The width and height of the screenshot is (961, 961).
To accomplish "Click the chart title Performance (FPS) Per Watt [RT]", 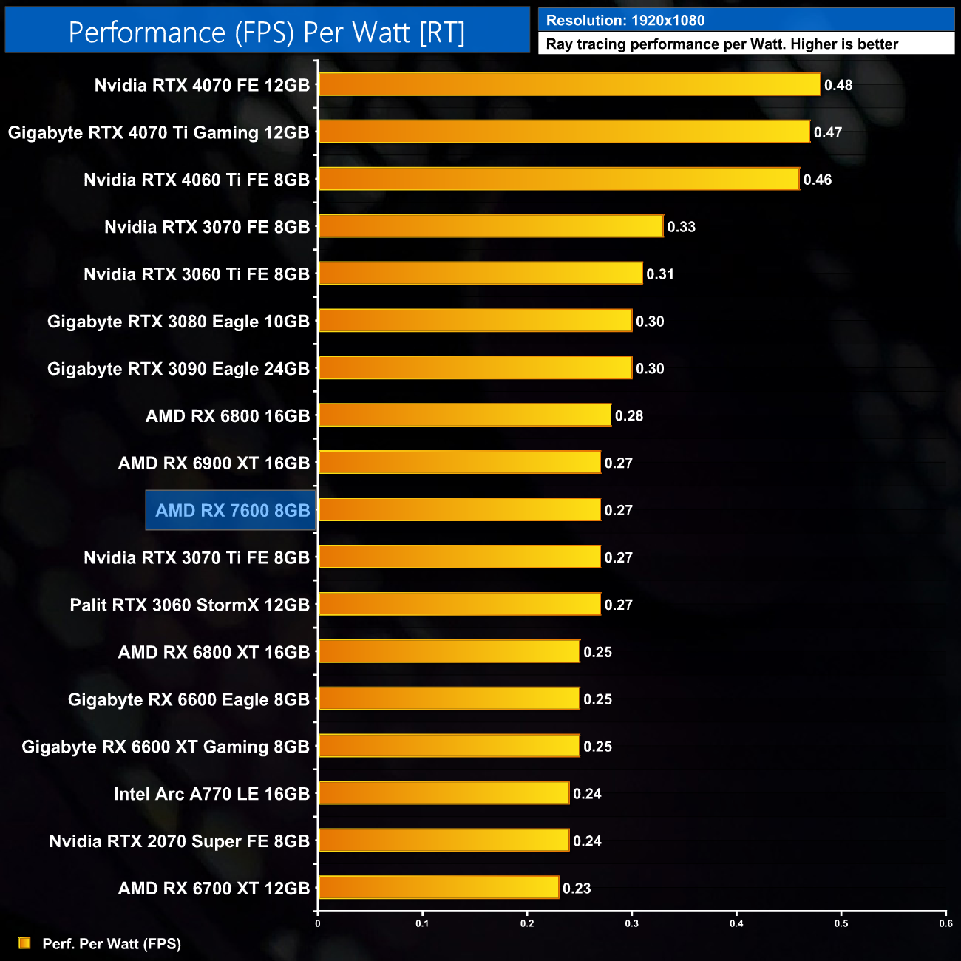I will click(267, 33).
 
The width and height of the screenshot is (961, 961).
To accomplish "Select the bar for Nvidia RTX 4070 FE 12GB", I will click(569, 84).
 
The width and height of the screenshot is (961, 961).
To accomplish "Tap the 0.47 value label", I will click(828, 132).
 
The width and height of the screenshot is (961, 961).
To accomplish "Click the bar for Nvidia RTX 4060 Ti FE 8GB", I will click(559, 179).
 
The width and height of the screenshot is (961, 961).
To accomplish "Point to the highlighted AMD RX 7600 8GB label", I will click(232, 510).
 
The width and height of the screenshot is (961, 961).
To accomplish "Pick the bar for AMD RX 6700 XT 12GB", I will click(438, 887).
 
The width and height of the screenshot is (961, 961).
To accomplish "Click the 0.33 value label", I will click(681, 227).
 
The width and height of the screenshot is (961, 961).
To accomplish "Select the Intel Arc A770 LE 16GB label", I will click(211, 794).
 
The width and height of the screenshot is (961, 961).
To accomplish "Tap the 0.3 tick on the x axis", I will click(632, 923).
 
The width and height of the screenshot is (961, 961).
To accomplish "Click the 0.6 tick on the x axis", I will click(945, 923).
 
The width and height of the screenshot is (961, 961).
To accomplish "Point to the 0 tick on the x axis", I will click(318, 923).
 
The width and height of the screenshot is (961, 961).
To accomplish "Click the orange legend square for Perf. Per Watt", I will click(24, 943).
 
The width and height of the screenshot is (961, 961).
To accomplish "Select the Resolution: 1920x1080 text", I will click(625, 21).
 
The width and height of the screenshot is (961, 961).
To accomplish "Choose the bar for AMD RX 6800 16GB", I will click(465, 415).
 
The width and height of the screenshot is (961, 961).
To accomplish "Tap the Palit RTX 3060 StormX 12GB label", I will click(189, 605).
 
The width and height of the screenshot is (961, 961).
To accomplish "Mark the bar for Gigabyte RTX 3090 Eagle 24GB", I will click(475, 367).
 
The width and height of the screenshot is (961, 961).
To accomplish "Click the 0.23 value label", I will click(577, 889).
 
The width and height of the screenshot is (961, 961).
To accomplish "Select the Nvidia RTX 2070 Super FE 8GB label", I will click(179, 841).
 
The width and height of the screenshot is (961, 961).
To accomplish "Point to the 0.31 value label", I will click(660, 274).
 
